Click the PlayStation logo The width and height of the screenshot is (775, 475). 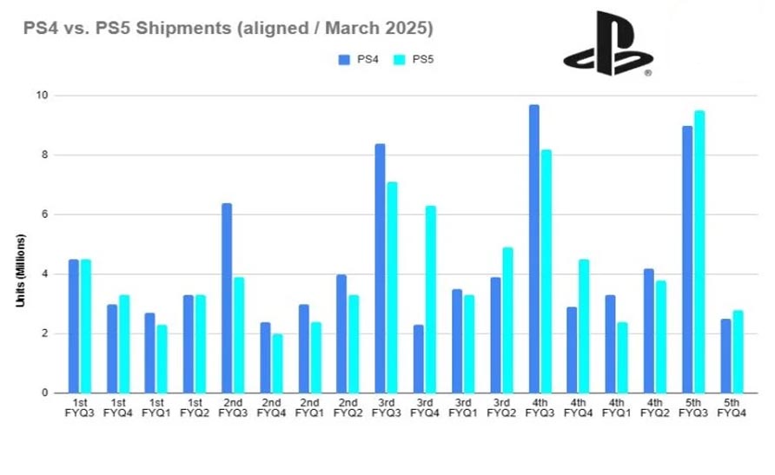pyautogui.click(x=606, y=43)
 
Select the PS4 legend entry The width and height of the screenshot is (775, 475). pyautogui.click(x=356, y=59)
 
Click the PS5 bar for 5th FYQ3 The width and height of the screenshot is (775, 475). pyautogui.click(x=699, y=252)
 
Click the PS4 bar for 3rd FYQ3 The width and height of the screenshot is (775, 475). pyautogui.click(x=381, y=268)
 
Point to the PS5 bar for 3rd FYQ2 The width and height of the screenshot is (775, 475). pyautogui.click(x=508, y=320)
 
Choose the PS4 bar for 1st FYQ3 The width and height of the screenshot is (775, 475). pyautogui.click(x=74, y=327)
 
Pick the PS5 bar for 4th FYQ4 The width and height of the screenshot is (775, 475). pyautogui.click(x=585, y=327)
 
